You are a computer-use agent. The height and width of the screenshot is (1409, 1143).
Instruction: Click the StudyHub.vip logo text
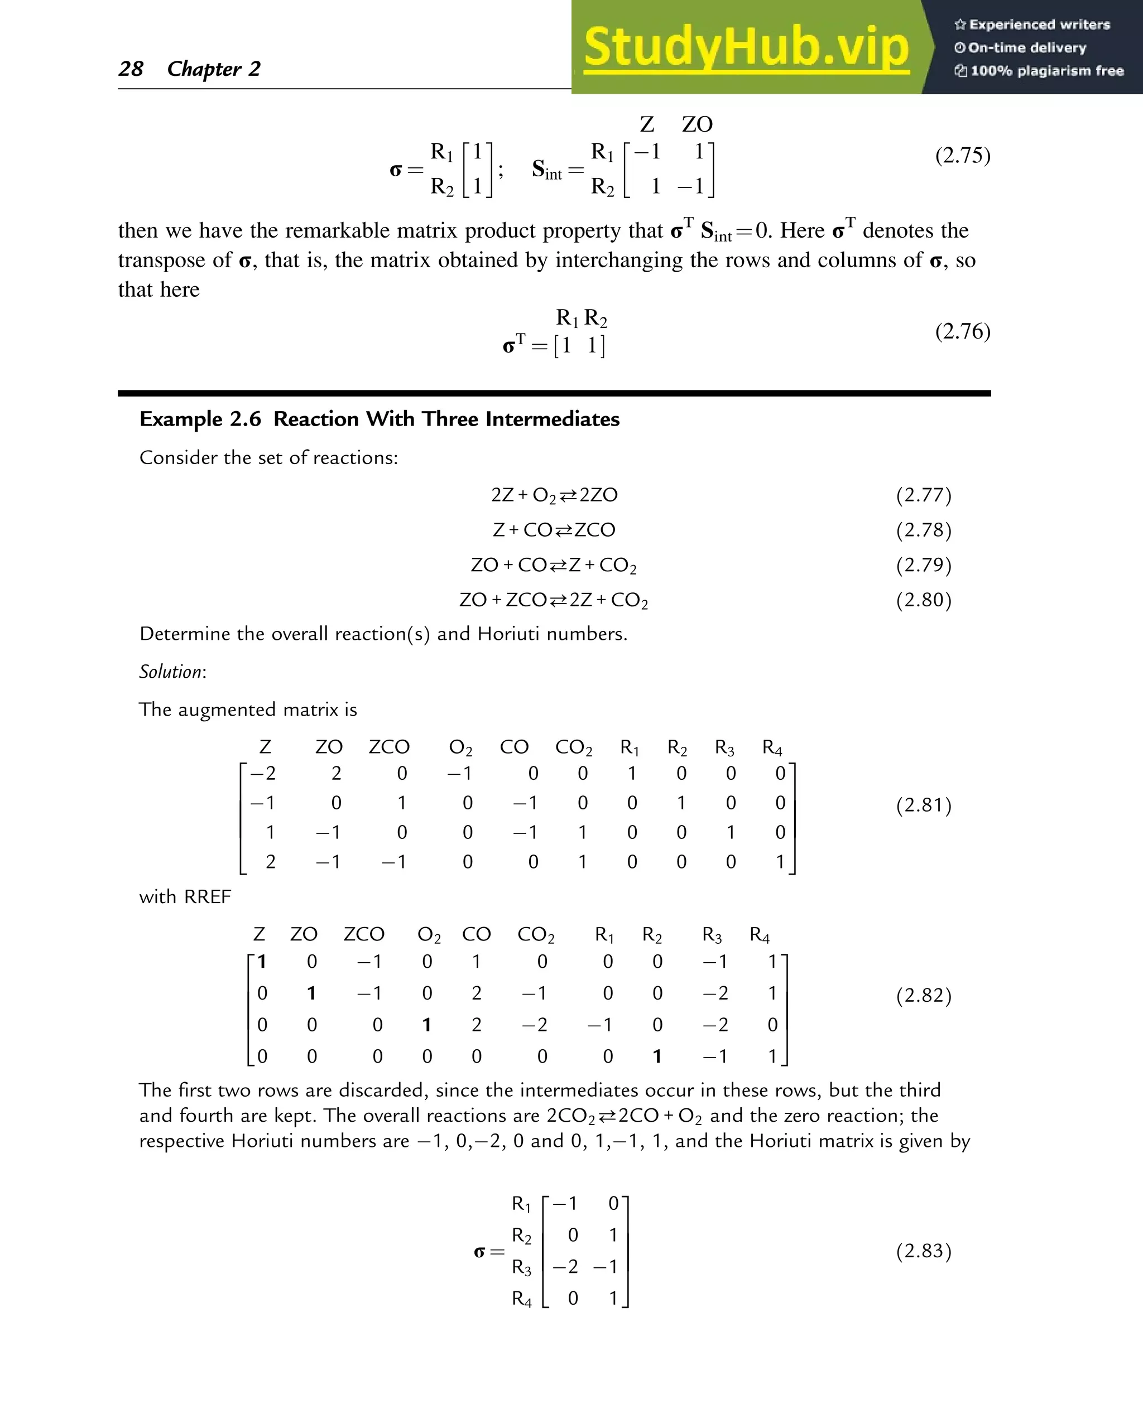[746, 47]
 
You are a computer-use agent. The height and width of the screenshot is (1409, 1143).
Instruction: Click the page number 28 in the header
[131, 69]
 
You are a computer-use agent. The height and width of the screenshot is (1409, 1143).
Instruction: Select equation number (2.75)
[962, 155]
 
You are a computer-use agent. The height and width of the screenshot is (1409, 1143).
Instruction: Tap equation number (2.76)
[962, 331]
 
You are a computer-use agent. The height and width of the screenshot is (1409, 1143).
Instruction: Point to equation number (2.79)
[923, 564]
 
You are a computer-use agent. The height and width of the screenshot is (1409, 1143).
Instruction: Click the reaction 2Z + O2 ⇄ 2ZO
[554, 495]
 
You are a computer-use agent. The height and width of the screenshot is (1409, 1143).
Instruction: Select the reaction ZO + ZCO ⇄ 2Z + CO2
[553, 600]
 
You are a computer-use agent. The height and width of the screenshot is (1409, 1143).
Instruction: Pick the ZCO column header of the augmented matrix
[388, 747]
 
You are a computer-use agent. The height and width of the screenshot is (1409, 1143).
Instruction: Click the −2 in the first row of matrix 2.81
[263, 773]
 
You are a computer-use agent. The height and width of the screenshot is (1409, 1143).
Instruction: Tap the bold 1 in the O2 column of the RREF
[426, 1025]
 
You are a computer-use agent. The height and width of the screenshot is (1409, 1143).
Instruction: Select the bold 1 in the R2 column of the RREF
[656, 1056]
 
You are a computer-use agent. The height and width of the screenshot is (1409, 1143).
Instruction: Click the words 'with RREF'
[185, 897]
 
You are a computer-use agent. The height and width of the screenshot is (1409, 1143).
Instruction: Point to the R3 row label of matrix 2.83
[521, 1267]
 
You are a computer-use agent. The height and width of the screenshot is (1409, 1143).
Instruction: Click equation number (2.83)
[923, 1251]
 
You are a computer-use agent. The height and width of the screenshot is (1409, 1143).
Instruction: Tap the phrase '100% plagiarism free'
[1046, 70]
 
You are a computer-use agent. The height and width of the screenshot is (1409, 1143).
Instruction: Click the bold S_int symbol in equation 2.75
[546, 170]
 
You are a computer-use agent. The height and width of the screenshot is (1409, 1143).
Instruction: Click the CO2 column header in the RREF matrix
[535, 934]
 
